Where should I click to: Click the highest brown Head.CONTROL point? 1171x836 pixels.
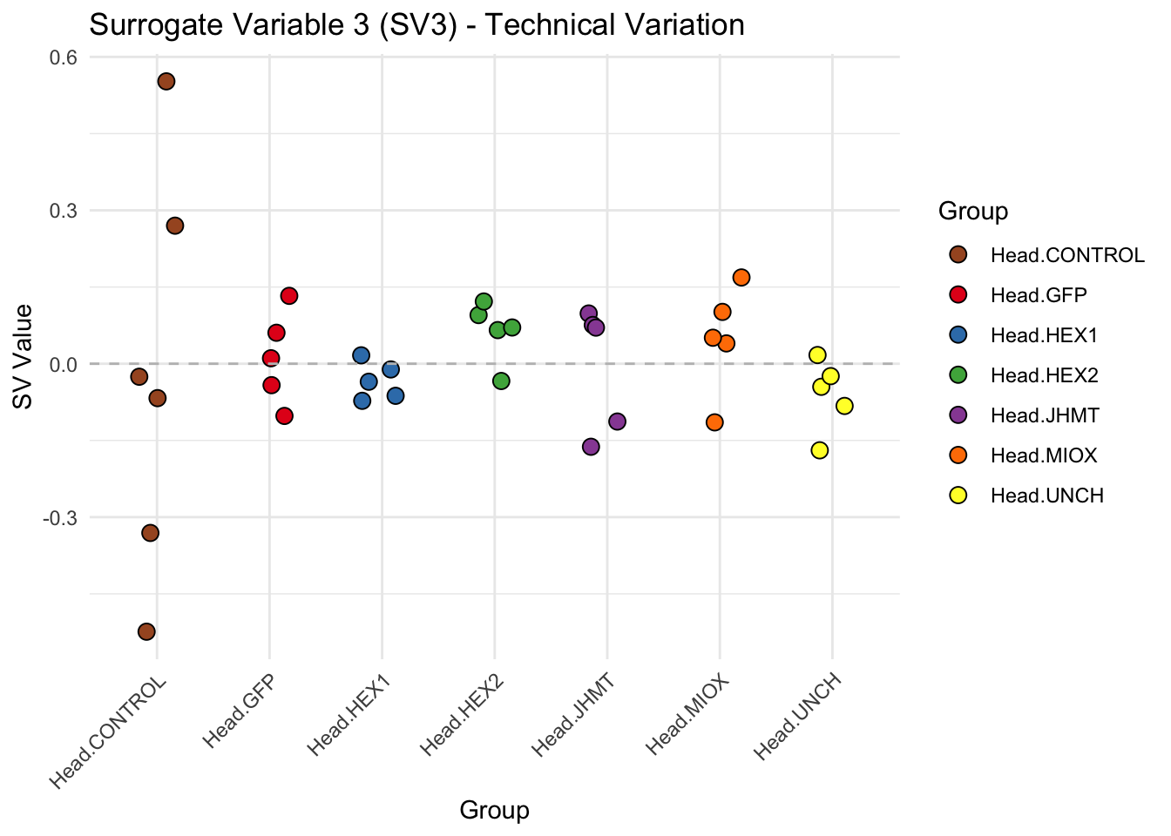coord(166,82)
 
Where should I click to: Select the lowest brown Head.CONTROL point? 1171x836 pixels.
coord(146,631)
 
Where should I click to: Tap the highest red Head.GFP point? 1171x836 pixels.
coord(289,296)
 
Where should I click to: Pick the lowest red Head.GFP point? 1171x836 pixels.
coord(284,416)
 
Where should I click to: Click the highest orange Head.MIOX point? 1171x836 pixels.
coord(741,278)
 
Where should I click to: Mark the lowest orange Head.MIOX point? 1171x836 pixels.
coord(714,422)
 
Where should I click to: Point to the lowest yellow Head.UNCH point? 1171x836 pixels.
coord(819,450)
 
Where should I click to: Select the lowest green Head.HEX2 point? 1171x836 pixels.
coord(501,381)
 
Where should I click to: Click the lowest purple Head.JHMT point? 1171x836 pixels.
coord(591,447)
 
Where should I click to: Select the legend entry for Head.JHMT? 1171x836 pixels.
coord(1045,415)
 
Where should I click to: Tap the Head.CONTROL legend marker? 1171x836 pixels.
coord(958,255)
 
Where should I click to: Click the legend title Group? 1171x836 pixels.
coord(973,211)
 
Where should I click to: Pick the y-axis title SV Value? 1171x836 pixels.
coord(24,357)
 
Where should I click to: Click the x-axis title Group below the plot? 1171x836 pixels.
coord(494,811)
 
